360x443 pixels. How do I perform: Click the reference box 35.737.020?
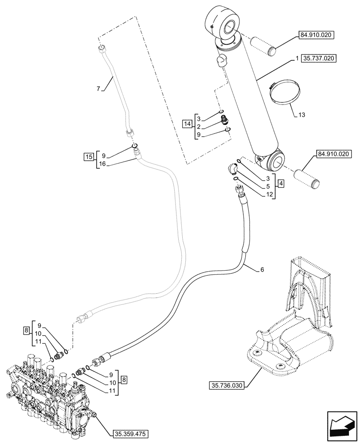[x=319, y=58]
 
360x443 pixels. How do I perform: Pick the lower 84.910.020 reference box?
[x=333, y=154]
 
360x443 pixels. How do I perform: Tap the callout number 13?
[x=302, y=116]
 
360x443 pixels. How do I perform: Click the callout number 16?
[x=103, y=163]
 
